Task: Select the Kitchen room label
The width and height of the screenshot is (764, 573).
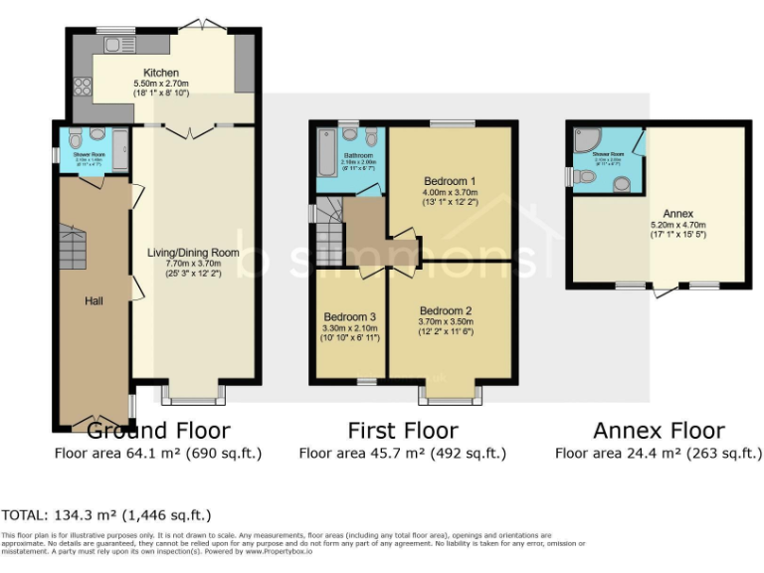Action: pyautogui.click(x=160, y=73)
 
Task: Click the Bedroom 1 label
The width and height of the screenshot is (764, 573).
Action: pyautogui.click(x=450, y=181)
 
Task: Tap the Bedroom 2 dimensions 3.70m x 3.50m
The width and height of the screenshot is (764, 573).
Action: pyautogui.click(x=446, y=321)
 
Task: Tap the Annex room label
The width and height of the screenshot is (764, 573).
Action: pyautogui.click(x=679, y=213)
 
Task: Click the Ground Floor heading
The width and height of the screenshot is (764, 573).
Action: pyautogui.click(x=158, y=431)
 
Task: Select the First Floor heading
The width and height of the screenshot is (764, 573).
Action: pyautogui.click(x=402, y=431)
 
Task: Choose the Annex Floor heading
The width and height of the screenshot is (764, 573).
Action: pyautogui.click(x=659, y=431)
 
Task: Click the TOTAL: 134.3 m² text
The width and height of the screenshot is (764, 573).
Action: pyautogui.click(x=105, y=514)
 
